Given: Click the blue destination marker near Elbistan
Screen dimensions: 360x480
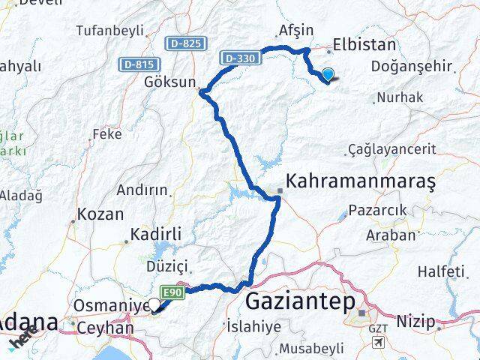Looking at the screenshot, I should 328,73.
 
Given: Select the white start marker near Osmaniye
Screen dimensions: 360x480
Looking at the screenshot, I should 155,304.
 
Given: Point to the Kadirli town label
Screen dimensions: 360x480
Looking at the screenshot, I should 156,235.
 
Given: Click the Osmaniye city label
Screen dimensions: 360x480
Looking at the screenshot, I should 107,306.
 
